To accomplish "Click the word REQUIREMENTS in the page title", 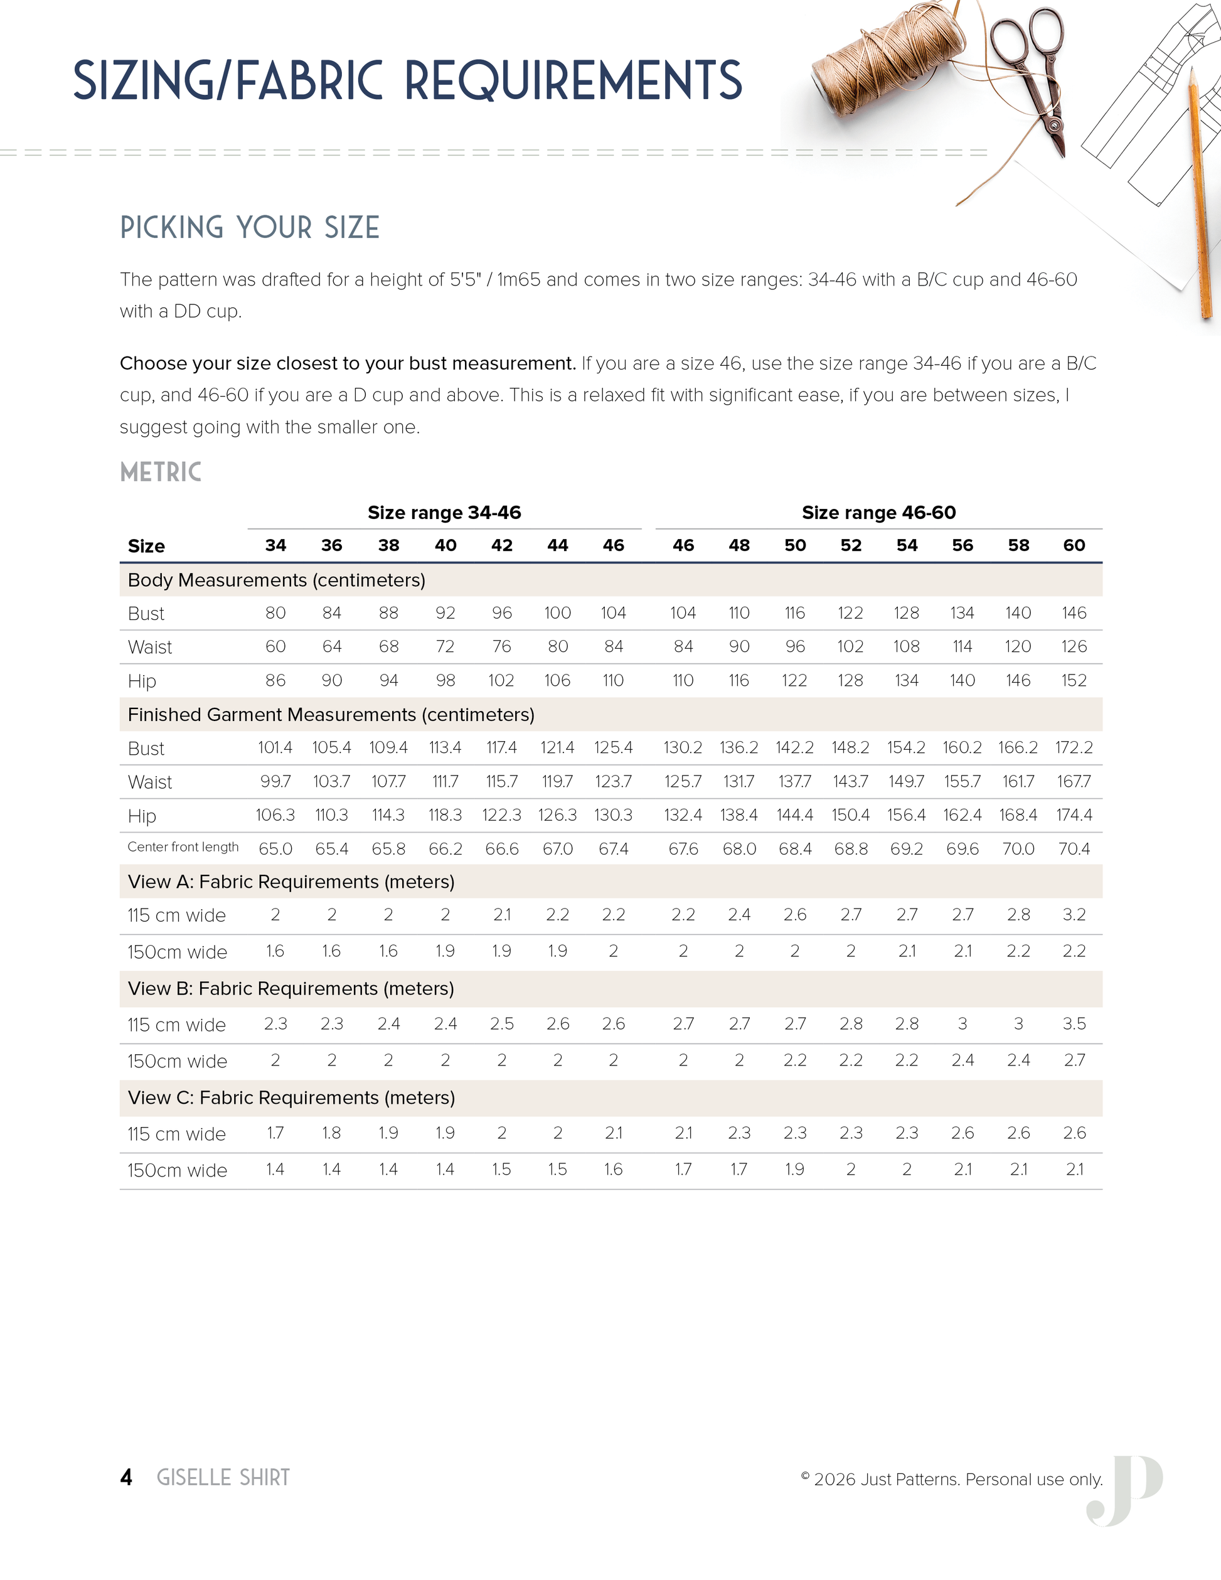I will (x=573, y=80).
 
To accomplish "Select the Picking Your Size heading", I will (x=250, y=228).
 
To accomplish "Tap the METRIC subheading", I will (x=161, y=472).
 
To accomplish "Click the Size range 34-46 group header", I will (x=444, y=513).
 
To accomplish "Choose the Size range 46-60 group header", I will (x=878, y=513).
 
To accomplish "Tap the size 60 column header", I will (x=1074, y=545).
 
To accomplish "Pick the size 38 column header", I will (x=388, y=545).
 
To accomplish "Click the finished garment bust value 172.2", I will (x=1074, y=747).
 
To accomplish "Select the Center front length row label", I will (x=183, y=847).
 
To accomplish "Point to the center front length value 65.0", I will (x=275, y=848).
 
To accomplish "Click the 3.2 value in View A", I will (x=1074, y=915).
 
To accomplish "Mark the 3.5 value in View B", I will (x=1074, y=1023).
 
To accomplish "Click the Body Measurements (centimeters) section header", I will (x=276, y=580).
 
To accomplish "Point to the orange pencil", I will (x=1198, y=195).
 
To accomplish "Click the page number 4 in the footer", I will (x=127, y=1477).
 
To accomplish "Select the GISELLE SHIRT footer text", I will (x=223, y=1477).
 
